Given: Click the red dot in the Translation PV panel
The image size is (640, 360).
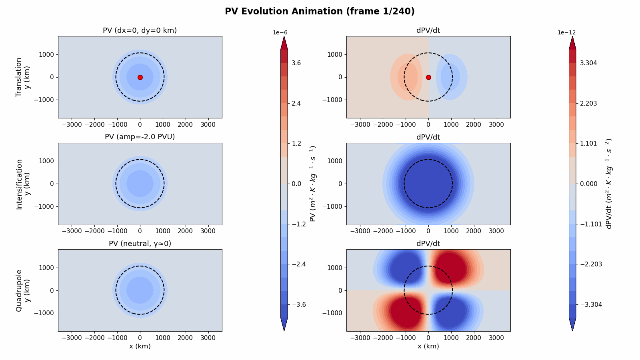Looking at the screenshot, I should pos(140,77).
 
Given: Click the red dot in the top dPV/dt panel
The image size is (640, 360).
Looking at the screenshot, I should pos(428,77).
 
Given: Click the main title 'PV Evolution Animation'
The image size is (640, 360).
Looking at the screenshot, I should pos(320,11).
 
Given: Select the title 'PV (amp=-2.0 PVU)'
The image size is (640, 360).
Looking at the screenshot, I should pos(140,137).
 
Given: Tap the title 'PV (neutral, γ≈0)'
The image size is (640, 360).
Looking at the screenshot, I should pos(140,244).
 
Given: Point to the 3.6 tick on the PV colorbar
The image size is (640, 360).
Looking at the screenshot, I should pos(296,63).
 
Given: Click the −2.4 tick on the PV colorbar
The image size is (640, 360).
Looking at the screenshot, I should pos(298,264).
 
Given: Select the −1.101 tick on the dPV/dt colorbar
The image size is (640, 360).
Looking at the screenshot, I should pos(590,224).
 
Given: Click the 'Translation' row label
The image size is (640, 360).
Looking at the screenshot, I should pos(18,77).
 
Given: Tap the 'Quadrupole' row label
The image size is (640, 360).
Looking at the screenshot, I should pos(18,290).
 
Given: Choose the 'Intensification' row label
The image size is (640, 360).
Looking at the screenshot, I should pos(18,184).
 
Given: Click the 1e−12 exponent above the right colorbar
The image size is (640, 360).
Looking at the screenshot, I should pos(567,32).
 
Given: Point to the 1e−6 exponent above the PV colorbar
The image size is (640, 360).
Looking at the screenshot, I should pos(280,32).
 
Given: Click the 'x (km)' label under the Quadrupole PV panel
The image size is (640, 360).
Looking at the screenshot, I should pos(140,346).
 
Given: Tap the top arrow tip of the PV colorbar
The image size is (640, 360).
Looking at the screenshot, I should pos(284,38).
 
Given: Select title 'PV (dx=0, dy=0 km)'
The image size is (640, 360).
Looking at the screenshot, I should pos(140,30).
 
